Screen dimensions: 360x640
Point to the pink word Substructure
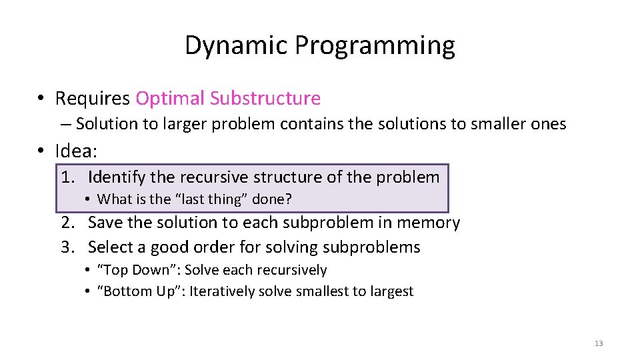265,99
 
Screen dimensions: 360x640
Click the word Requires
93,99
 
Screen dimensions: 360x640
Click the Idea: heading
76,151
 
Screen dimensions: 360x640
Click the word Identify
117,177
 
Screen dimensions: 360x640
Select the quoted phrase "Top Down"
139,270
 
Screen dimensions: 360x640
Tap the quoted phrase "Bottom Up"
141,291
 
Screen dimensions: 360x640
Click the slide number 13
598,343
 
